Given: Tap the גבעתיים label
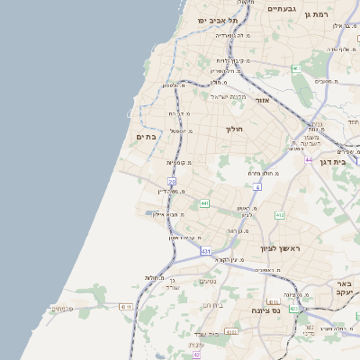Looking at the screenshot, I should pos(283,8).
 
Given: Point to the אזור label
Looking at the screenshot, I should pos(262,100).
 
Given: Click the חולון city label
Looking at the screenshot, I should pos(234,129).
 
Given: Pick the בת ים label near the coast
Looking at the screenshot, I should pos(146,137).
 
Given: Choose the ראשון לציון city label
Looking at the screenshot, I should pos(279,247).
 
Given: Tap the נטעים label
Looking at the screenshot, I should pos(207,281).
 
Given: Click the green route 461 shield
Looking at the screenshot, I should pos(296,68).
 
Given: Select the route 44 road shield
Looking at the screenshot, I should pos(308,159).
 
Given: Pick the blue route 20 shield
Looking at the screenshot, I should pos(171,182).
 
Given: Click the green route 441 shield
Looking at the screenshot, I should pos(205,204).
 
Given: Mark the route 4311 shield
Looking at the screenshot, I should pos(231,332).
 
